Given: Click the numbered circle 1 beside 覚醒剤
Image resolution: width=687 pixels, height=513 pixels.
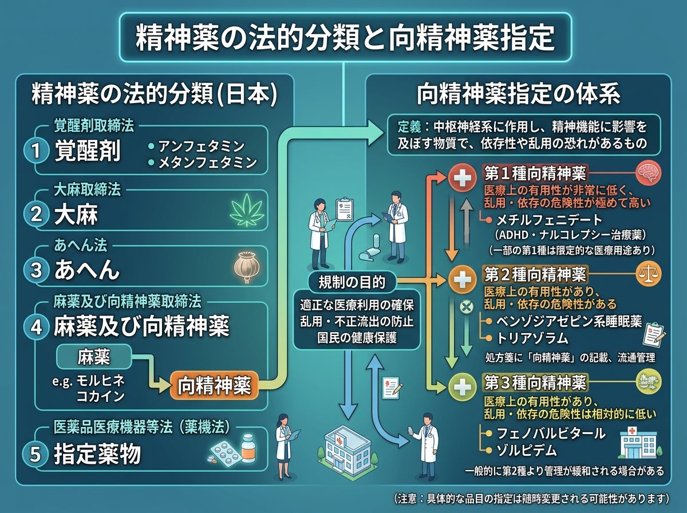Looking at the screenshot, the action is pyautogui.click(x=37, y=151).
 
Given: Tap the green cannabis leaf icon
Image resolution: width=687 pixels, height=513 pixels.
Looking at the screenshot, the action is pyautogui.click(x=247, y=210).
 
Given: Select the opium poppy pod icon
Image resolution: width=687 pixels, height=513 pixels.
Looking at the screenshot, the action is pyautogui.click(x=247, y=267).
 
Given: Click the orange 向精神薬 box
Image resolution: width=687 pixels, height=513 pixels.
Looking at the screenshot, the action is pyautogui.click(x=214, y=385).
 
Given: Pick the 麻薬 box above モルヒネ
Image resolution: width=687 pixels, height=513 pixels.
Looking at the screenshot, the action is pyautogui.click(x=93, y=357).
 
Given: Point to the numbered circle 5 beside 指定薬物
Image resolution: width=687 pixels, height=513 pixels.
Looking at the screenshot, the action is pyautogui.click(x=35, y=453).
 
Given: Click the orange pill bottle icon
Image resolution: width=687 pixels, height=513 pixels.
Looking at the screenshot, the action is pyautogui.click(x=248, y=448).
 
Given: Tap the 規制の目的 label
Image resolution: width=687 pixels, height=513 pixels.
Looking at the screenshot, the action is pyautogui.click(x=352, y=282).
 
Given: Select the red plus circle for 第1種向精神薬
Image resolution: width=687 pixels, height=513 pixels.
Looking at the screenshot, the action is pyautogui.click(x=463, y=178).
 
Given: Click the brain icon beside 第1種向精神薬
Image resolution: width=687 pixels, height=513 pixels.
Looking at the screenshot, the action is pyautogui.click(x=649, y=173).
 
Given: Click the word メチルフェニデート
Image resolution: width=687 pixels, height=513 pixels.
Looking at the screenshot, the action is pyautogui.click(x=549, y=220).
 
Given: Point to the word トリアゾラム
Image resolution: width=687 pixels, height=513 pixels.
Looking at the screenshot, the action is pyautogui.click(x=532, y=338).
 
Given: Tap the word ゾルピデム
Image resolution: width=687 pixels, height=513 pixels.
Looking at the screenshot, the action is pyautogui.click(x=527, y=451).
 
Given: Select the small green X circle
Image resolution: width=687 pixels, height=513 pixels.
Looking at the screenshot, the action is pyautogui.click(x=466, y=307).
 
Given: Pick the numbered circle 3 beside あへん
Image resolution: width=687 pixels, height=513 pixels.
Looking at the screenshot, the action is pyautogui.click(x=37, y=270).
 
